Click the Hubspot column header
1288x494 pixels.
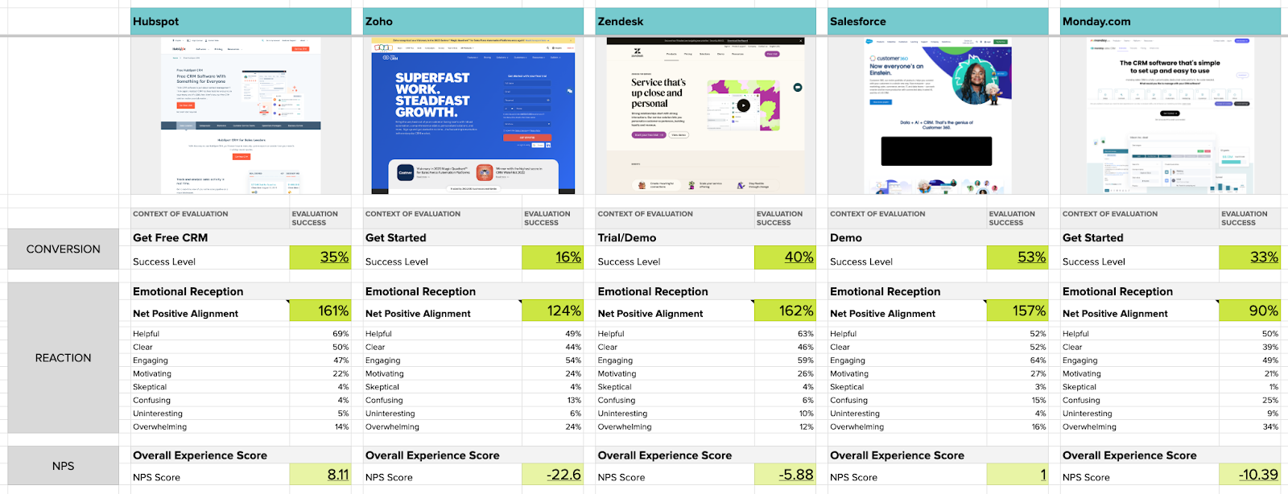click(156, 22)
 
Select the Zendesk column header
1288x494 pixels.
click(621, 22)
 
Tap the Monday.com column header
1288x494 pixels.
click(1096, 22)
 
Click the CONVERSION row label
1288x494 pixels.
click(64, 249)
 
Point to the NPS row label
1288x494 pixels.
click(64, 466)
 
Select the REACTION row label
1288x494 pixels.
click(64, 358)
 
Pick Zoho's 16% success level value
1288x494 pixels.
click(568, 257)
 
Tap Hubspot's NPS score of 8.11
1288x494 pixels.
click(337, 475)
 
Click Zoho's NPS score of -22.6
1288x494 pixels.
click(563, 475)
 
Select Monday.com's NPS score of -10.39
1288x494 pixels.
click(1258, 475)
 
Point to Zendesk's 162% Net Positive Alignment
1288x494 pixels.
click(795, 311)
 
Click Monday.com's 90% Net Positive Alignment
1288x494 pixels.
click(1263, 311)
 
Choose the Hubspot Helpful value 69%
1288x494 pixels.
click(341, 334)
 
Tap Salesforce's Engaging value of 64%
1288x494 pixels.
click(1038, 360)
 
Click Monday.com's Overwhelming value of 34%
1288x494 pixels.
click(1270, 427)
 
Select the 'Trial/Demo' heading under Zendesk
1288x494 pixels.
click(627, 238)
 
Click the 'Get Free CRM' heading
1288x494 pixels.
click(171, 238)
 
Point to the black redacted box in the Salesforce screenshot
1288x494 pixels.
click(936, 151)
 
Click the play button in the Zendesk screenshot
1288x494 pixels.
click(744, 105)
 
